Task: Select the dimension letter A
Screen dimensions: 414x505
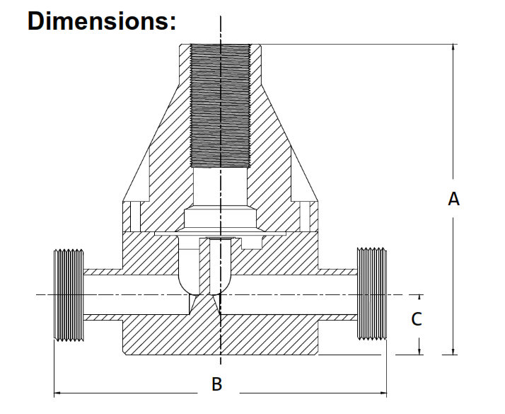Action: tap(454, 200)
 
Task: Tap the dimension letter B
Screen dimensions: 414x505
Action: tap(218, 384)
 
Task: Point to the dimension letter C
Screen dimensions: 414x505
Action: tap(417, 319)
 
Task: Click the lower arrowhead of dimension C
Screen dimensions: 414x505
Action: tap(420, 350)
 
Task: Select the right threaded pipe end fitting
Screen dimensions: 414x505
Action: tap(373, 294)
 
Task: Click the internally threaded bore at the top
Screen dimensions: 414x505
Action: tap(221, 106)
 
